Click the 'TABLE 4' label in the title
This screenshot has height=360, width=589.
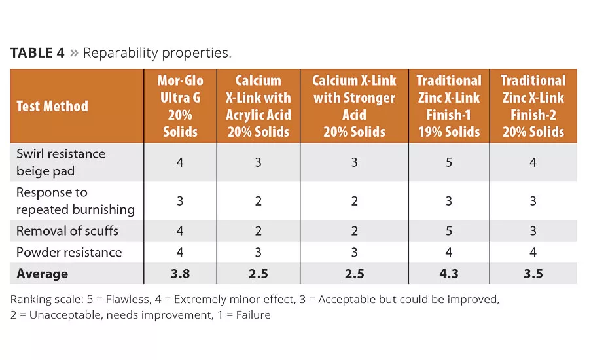(x=37, y=53)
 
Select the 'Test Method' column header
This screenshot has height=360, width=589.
(x=52, y=106)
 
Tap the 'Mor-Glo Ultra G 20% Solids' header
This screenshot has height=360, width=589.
(x=180, y=106)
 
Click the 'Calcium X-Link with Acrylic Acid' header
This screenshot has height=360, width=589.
(x=259, y=106)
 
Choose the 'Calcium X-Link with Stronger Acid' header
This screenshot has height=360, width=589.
(x=354, y=106)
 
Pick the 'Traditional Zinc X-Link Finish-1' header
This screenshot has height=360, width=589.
(x=449, y=106)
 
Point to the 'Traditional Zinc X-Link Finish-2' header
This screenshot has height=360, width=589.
(x=533, y=106)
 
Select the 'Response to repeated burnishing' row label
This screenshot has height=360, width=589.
(x=75, y=201)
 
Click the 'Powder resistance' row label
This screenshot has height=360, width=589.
(x=69, y=252)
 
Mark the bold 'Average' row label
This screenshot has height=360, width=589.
(x=42, y=274)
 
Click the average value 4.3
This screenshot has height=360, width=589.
(x=449, y=274)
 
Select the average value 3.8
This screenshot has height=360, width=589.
(x=180, y=274)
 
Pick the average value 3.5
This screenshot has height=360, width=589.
(x=533, y=274)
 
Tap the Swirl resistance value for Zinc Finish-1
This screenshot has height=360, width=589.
(x=449, y=162)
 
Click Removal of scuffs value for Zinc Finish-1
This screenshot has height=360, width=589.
(x=449, y=230)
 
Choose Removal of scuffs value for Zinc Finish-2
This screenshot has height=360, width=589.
(x=533, y=230)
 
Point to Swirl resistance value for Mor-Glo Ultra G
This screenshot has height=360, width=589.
(x=180, y=162)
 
